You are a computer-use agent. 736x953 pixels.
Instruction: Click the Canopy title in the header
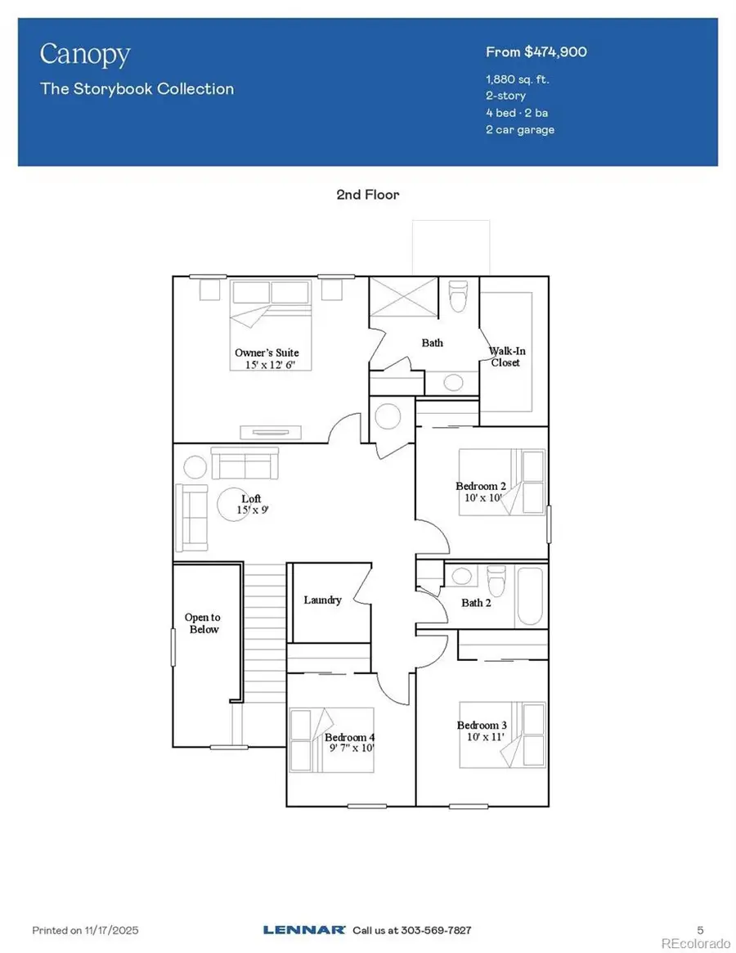coord(85,56)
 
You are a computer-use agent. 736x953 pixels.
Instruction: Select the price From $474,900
coord(536,52)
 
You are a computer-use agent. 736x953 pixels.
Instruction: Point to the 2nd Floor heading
coord(367,195)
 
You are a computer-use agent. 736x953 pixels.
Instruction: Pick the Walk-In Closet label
coord(505,357)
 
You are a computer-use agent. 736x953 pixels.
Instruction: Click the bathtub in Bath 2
coord(530,597)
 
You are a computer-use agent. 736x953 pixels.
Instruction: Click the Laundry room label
coord(322,600)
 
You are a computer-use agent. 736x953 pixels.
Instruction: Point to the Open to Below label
coord(202,623)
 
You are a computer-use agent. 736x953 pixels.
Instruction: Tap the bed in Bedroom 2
coord(501,482)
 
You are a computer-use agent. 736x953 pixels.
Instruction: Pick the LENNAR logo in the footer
coord(304,930)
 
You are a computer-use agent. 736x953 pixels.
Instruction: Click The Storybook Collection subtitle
coord(137,89)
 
